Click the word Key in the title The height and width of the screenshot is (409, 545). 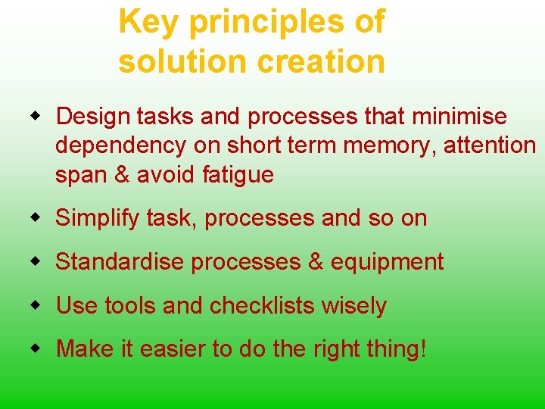pos(149,23)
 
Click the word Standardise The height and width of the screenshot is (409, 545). pos(120,262)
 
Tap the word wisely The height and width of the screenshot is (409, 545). pos(353,306)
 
